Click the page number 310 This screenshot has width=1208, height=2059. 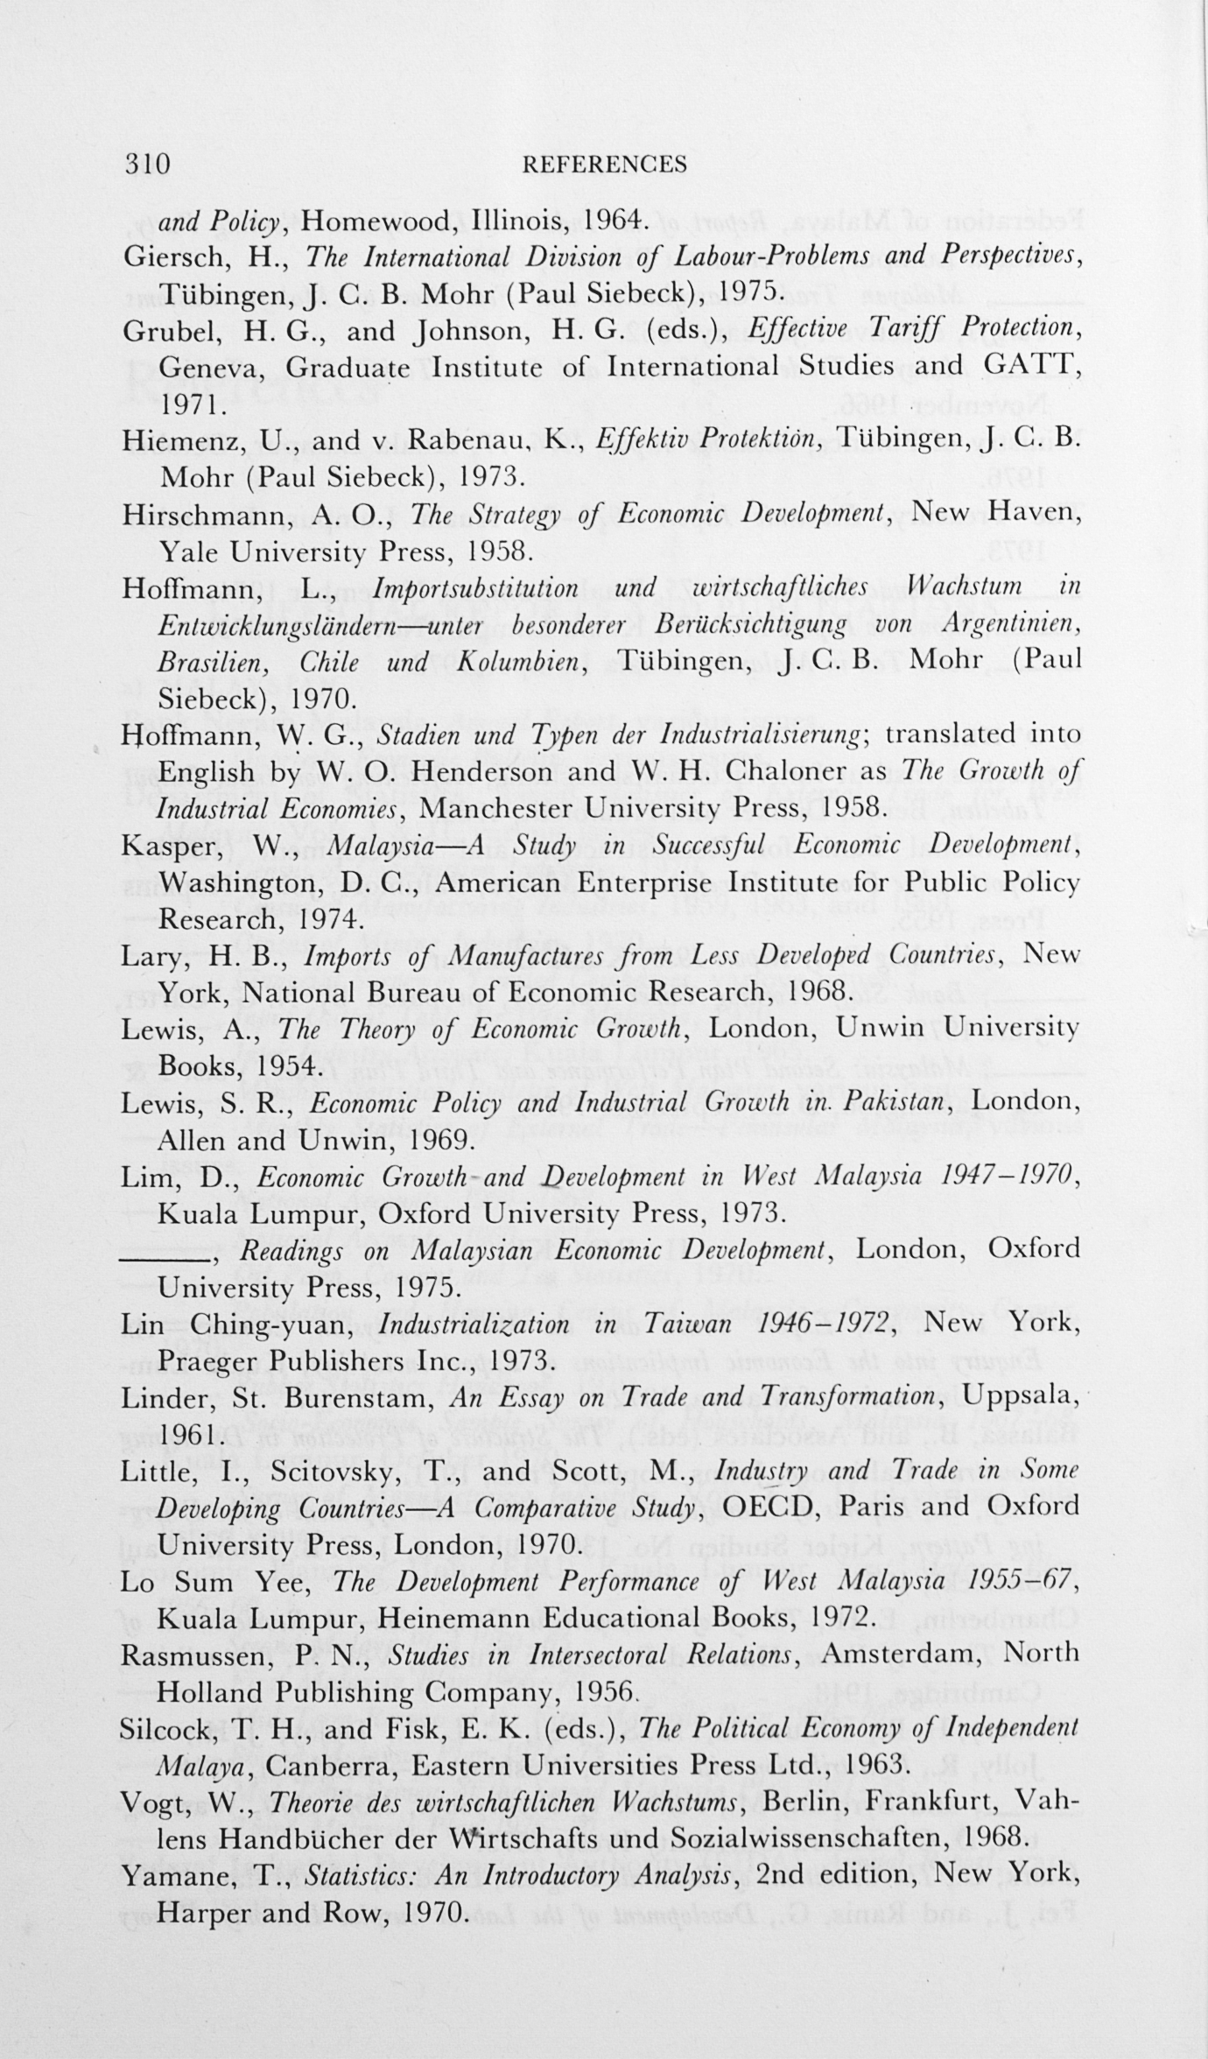tap(146, 165)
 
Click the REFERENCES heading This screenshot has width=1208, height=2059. tap(603, 165)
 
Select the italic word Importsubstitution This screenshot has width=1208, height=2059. tap(475, 588)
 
